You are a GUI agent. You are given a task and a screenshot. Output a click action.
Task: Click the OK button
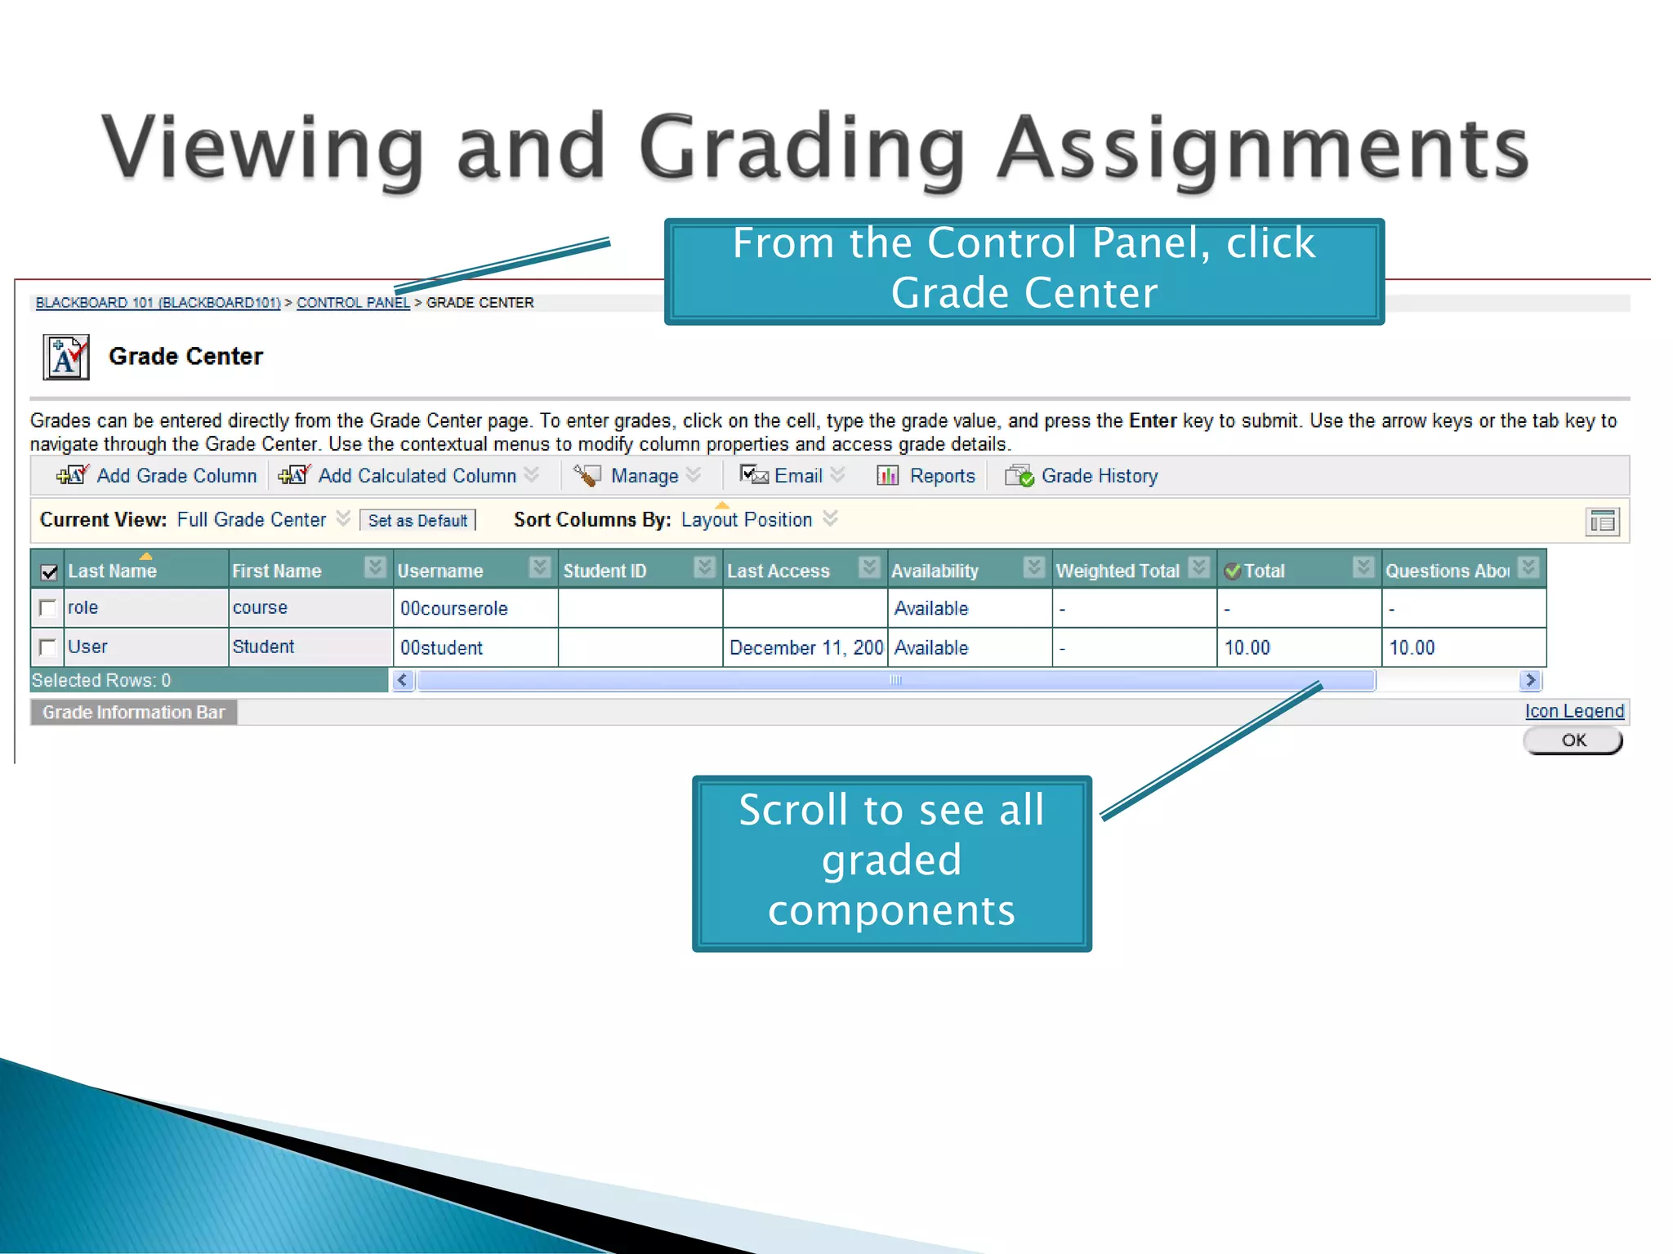click(x=1573, y=740)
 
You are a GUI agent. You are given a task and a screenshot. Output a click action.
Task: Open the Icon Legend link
click(x=1574, y=711)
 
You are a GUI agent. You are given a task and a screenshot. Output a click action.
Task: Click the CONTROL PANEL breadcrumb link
click(x=353, y=303)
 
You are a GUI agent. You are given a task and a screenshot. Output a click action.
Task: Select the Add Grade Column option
click(x=176, y=476)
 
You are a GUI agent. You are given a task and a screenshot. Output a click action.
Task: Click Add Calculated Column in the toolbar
click(x=417, y=476)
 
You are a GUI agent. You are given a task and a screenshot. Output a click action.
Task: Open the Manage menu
click(x=644, y=476)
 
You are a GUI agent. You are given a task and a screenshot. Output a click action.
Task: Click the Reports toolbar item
click(x=941, y=476)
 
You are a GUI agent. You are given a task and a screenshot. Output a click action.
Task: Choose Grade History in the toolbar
click(x=1099, y=476)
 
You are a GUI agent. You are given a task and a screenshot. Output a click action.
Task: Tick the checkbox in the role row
click(x=48, y=608)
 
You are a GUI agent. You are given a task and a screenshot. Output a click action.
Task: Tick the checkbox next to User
click(x=48, y=647)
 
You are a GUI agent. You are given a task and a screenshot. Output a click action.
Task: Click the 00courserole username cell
click(x=454, y=608)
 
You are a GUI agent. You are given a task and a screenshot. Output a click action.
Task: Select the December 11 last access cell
click(x=805, y=647)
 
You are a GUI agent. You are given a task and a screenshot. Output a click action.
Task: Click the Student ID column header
click(x=605, y=571)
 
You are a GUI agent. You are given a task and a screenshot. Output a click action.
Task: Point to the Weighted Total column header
click(x=1118, y=571)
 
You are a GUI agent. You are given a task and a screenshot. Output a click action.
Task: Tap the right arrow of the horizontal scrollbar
click(x=1530, y=680)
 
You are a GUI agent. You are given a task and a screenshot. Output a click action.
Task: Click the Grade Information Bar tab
click(x=133, y=712)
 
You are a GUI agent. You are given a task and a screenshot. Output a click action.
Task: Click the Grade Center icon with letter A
click(x=65, y=358)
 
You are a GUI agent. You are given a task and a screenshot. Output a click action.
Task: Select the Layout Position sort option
click(x=746, y=520)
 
